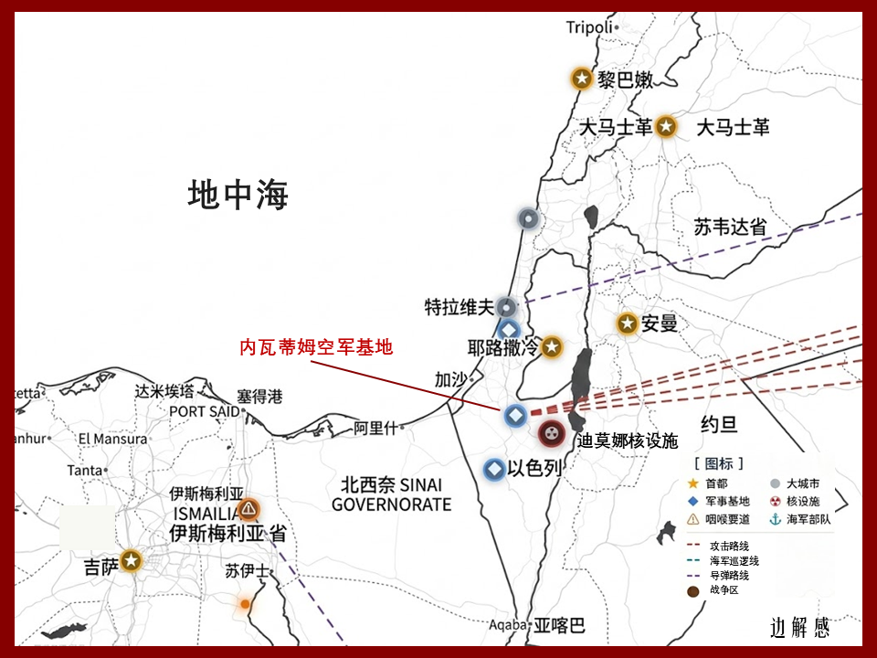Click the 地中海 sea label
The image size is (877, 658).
(238, 195)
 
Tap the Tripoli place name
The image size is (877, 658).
(589, 27)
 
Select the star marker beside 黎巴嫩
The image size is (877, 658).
(581, 79)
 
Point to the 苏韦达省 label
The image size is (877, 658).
(730, 228)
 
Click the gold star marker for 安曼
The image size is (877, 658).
(627, 324)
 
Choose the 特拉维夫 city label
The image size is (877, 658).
(459, 307)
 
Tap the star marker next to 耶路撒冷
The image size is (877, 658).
(551, 347)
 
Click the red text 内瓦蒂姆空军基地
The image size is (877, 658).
(316, 347)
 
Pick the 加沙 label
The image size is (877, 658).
(450, 378)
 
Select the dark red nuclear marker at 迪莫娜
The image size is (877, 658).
(550, 432)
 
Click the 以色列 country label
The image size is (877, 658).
(534, 467)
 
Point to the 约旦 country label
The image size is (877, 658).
(719, 424)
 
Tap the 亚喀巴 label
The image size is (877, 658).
(559, 626)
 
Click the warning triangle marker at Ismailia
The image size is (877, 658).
(248, 510)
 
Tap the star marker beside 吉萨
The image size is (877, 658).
(132, 560)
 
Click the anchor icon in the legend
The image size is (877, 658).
(775, 519)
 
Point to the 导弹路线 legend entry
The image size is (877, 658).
(734, 576)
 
